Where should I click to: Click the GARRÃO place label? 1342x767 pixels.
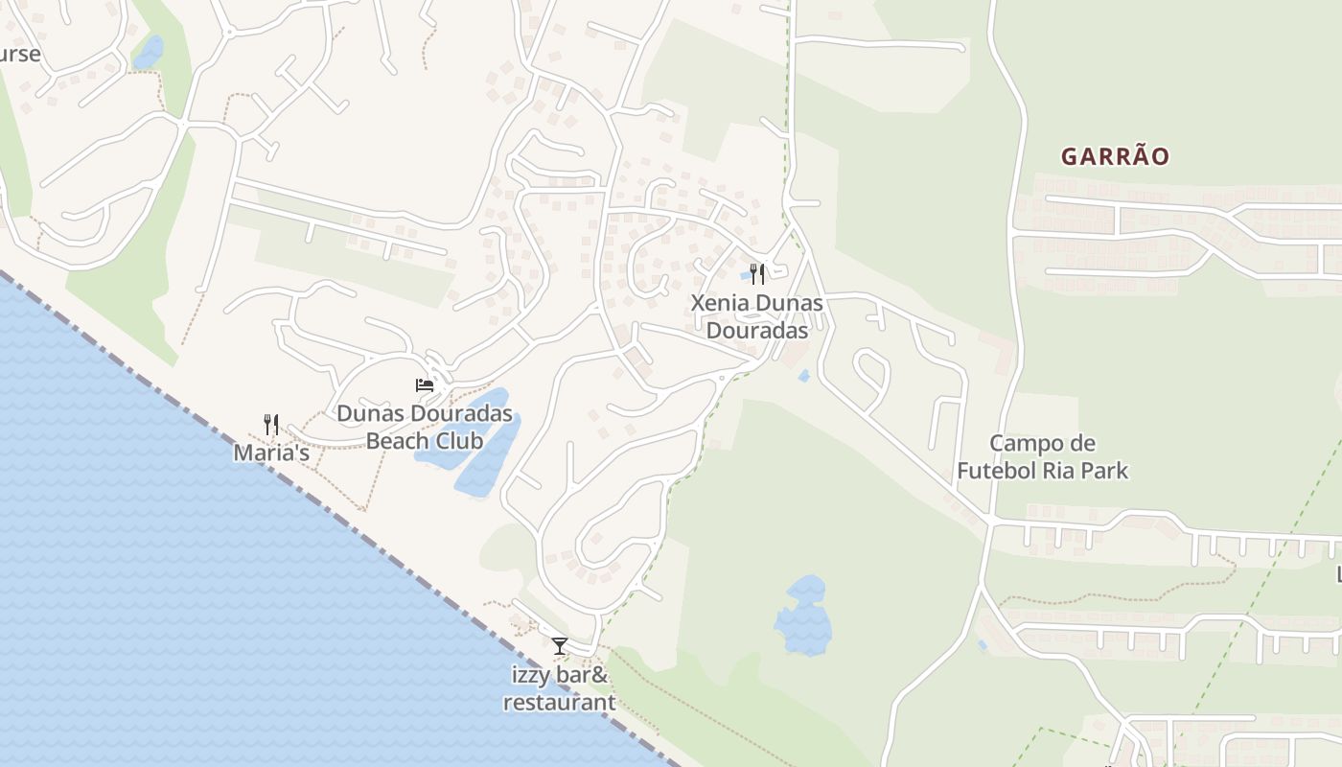coord(1115,156)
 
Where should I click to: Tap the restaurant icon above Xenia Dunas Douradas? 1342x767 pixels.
coord(757,274)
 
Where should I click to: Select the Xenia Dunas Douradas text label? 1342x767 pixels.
coord(757,316)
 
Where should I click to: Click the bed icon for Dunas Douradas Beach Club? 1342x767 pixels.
coord(424,385)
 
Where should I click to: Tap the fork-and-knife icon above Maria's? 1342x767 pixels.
coord(271,424)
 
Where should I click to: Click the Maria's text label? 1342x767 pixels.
coord(271,453)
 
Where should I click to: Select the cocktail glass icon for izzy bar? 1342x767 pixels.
coord(560,646)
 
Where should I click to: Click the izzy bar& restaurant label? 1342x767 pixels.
coord(560,688)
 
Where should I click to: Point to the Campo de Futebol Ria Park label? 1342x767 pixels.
coord(1042,457)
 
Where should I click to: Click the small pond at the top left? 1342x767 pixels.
coord(149,52)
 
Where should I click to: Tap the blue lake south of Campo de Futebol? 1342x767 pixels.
coord(803,616)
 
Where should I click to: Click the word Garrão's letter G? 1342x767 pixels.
coord(1070,156)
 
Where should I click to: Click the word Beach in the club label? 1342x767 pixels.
coord(397,441)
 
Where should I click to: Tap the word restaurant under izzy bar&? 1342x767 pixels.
coord(560,702)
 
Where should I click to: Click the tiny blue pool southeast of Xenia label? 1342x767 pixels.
coord(803,376)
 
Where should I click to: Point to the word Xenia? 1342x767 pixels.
coord(721,303)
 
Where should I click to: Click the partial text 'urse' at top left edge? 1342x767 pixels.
coord(19,54)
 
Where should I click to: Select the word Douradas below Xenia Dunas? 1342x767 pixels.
coord(757,330)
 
